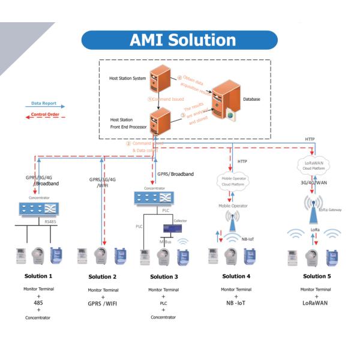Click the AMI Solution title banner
tap(179, 40)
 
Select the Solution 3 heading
tap(163, 276)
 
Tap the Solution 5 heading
tap(314, 276)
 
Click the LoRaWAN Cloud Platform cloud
tap(314, 163)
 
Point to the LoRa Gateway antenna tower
tap(314, 208)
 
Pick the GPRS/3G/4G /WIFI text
tap(103, 182)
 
